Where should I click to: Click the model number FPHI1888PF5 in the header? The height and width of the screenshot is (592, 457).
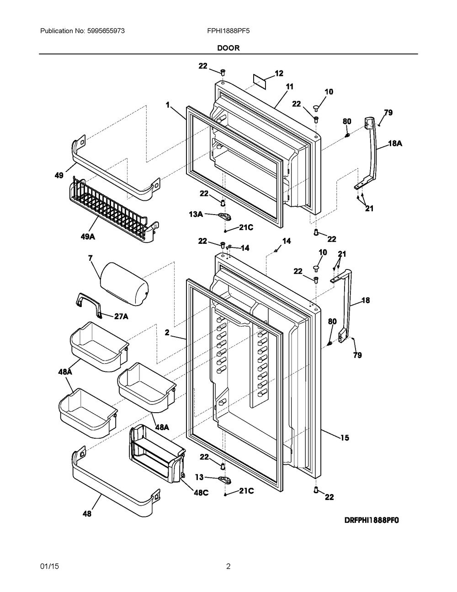[x=228, y=31]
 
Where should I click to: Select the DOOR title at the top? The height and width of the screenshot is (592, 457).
[x=228, y=48]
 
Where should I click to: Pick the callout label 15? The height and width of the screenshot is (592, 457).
[x=344, y=438]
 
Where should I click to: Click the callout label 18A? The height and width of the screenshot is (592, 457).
[x=395, y=143]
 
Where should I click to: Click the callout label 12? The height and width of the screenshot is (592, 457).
[x=279, y=73]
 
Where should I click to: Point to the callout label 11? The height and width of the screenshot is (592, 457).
[x=290, y=86]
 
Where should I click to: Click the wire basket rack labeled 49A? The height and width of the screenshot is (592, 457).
[x=112, y=210]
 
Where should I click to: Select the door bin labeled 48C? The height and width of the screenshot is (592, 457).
[x=156, y=453]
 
